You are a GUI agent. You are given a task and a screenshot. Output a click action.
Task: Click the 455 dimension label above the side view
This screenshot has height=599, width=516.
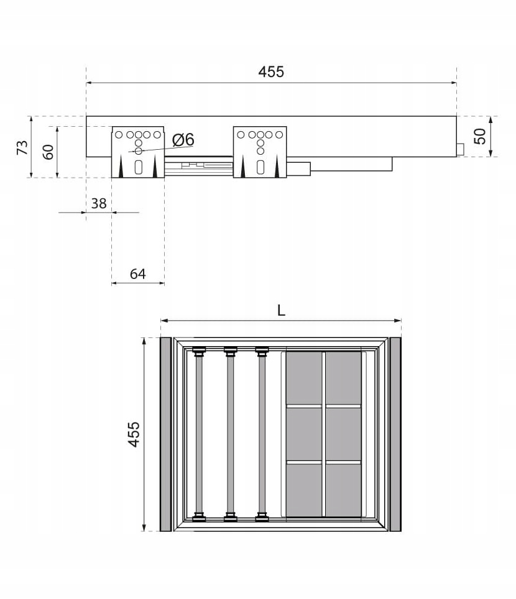coord(271,72)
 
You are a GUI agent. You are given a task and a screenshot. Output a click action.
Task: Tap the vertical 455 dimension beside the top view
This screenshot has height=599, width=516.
coord(134,434)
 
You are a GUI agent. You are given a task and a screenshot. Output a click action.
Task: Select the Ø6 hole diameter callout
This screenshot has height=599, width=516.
coord(183,139)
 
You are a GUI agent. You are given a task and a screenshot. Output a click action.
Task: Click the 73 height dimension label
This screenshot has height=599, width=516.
coord(22,147)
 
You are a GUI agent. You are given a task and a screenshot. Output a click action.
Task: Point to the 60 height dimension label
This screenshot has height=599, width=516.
coord(48,152)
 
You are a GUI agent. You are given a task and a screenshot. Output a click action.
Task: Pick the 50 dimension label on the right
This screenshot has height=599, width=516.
coord(480,136)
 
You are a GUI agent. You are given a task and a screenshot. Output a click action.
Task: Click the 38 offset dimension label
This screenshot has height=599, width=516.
coord(99,203)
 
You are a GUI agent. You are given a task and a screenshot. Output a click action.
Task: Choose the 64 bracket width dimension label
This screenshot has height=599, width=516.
coord(137,274)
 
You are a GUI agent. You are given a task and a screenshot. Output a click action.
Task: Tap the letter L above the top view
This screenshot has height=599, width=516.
coord(281,311)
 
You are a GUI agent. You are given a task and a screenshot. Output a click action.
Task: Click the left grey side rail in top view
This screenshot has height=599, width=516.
coord(165,434)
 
